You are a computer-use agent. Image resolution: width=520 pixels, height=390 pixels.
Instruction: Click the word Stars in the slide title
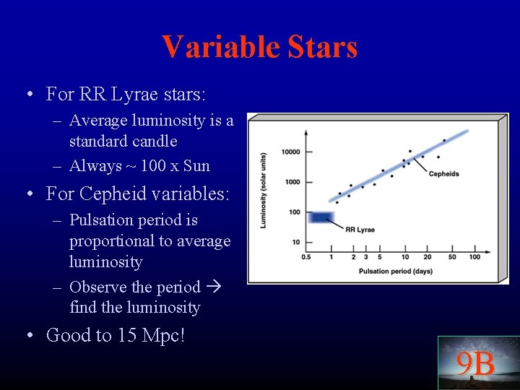[323, 47]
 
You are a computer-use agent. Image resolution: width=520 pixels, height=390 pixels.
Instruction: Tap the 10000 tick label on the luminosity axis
[290, 152]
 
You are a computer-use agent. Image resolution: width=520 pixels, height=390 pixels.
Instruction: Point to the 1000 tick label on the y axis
[292, 182]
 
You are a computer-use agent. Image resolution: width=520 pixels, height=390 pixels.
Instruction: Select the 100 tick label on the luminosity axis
[294, 212]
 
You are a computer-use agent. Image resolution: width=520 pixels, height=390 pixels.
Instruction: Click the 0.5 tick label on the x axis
[306, 257]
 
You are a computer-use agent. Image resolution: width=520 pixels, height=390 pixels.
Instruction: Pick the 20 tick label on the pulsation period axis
[428, 257]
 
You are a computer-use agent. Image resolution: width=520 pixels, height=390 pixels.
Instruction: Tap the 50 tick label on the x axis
[452, 257]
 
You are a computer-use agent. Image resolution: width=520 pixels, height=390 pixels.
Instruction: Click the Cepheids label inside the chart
[443, 174]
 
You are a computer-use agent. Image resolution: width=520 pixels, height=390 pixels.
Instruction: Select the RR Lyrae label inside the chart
[360, 230]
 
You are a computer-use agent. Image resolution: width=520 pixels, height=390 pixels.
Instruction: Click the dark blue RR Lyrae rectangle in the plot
[319, 217]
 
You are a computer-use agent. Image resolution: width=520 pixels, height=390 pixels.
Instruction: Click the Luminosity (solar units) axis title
[264, 190]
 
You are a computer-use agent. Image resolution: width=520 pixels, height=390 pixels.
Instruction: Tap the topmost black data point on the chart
[443, 140]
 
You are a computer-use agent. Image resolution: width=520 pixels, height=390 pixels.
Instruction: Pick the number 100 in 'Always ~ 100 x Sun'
[152, 166]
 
